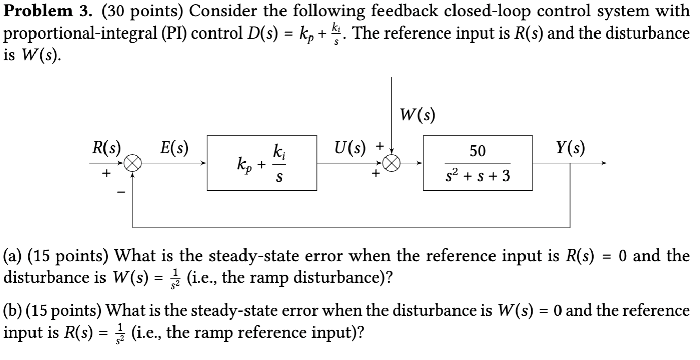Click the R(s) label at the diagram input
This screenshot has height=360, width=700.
pyautogui.click(x=106, y=148)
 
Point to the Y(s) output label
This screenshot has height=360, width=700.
pyautogui.click(x=571, y=148)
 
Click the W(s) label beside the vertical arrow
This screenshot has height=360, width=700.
pyautogui.click(x=417, y=116)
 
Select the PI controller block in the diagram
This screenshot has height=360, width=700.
pyautogui.click(x=262, y=163)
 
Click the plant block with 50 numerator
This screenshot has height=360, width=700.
pyautogui.click(x=477, y=163)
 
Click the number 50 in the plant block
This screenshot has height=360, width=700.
pyautogui.click(x=477, y=151)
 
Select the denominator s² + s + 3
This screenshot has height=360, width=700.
pyautogui.click(x=477, y=177)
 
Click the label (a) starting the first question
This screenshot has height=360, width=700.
pyautogui.click(x=12, y=256)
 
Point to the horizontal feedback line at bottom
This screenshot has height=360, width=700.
pyautogui.click(x=350, y=226)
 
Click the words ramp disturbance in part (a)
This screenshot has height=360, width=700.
pyautogui.click(x=335, y=278)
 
